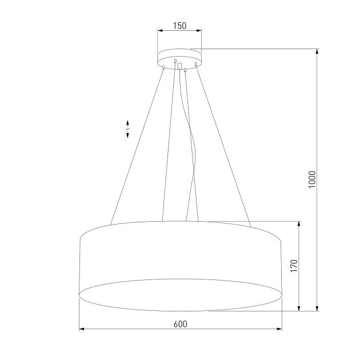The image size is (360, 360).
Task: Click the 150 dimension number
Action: [179, 26]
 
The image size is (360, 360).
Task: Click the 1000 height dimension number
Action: [311, 180]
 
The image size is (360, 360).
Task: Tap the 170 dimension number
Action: [294, 266]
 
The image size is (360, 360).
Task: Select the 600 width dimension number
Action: [180, 323]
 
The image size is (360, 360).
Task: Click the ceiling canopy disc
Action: [179, 57]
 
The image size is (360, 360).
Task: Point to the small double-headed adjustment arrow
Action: [127, 129]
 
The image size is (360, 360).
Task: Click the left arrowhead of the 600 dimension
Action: [81, 329]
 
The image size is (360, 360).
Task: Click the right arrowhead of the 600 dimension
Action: [279, 329]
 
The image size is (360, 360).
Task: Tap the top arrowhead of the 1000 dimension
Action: [317, 51]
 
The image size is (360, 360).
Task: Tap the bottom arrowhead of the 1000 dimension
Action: [317, 309]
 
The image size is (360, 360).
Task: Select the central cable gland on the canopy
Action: [180, 66]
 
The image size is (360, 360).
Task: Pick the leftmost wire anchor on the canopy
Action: [164, 67]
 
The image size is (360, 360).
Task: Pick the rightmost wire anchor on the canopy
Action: [195, 63]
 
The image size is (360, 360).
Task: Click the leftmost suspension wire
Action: [137, 143]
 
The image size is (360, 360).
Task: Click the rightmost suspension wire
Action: [223, 143]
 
